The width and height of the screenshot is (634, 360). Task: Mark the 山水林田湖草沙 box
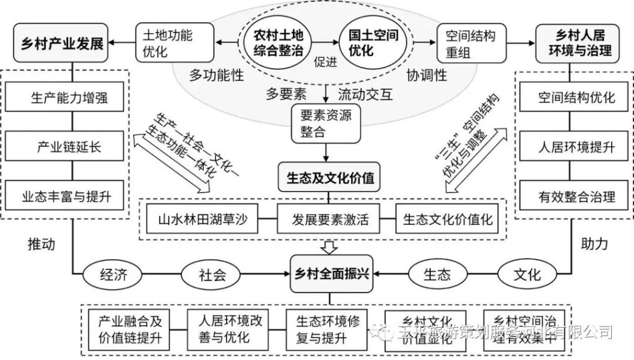click(x=202, y=219)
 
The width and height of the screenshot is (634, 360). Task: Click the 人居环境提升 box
click(x=576, y=147)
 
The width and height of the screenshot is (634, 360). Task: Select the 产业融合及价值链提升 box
click(x=129, y=328)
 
